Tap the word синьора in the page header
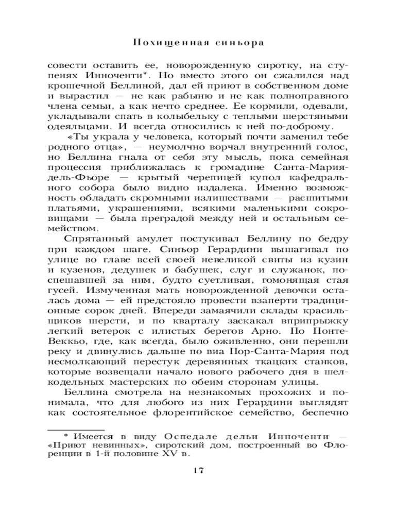(240, 43)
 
